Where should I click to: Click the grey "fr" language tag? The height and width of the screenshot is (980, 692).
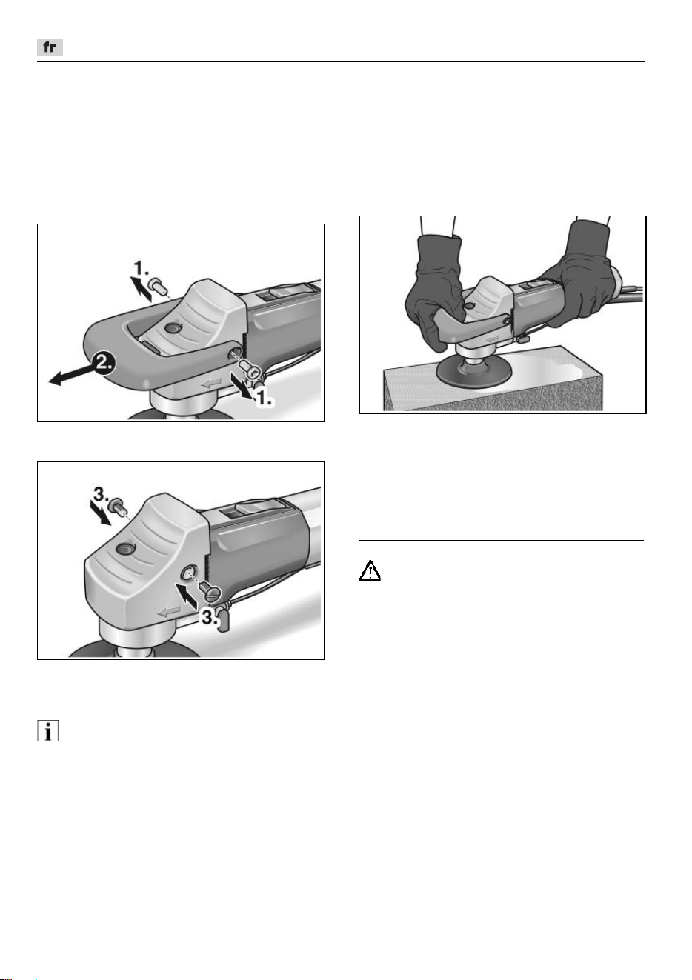[50, 47]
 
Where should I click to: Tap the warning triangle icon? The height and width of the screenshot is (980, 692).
[370, 570]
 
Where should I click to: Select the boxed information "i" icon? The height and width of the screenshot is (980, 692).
[47, 730]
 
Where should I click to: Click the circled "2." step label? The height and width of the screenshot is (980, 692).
[103, 364]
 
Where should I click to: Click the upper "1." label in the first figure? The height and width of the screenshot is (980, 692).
[141, 267]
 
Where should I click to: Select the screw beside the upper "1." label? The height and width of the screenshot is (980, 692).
[157, 286]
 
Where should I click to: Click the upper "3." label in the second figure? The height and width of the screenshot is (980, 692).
[102, 495]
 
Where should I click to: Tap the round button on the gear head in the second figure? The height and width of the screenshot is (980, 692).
[125, 548]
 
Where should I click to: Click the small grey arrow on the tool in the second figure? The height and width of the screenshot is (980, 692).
[170, 611]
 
